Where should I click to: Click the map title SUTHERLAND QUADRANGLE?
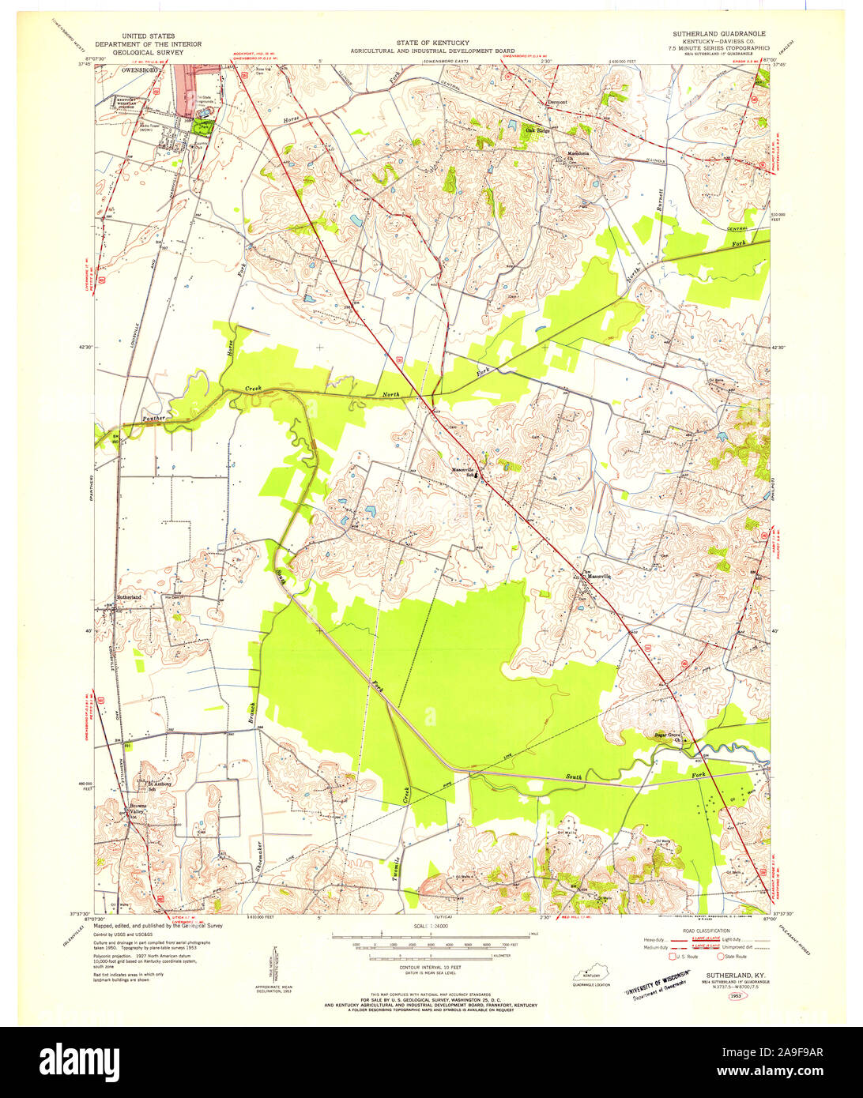point(718,34)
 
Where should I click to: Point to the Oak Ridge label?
point(527,131)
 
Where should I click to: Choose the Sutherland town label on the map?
point(129,597)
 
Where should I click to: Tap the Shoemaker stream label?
point(260,859)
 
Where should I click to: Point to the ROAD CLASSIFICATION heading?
point(706,931)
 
